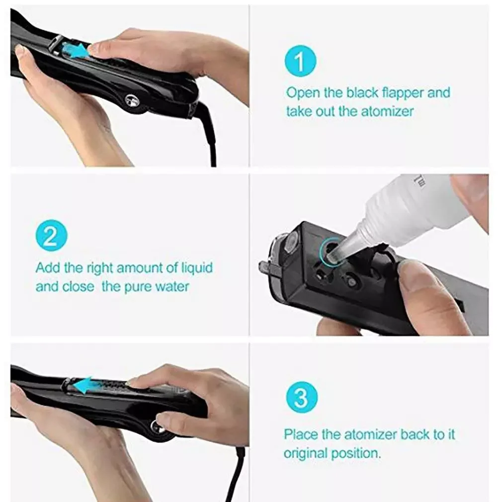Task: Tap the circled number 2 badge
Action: pyautogui.click(x=51, y=236)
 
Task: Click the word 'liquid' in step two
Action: pyautogui.click(x=196, y=268)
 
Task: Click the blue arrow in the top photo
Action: pyautogui.click(x=75, y=51)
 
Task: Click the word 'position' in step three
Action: pyautogui.click(x=358, y=453)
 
